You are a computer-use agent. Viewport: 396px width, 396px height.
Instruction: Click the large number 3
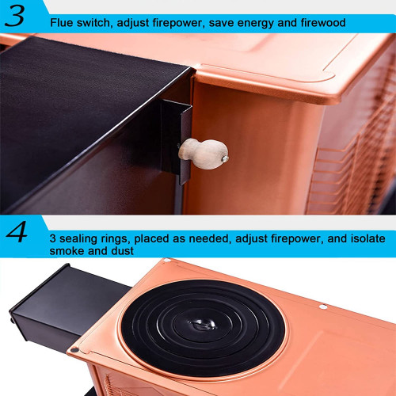click(14, 16)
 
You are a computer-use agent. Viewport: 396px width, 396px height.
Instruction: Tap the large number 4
click(17, 232)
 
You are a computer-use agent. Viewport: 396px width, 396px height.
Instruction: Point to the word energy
click(256, 24)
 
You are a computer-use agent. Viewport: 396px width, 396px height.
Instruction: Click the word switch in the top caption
click(93, 23)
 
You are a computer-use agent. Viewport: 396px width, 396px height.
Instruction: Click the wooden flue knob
click(203, 154)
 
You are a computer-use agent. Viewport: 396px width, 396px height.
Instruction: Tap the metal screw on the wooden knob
click(225, 158)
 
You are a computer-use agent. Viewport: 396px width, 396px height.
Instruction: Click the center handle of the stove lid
click(202, 324)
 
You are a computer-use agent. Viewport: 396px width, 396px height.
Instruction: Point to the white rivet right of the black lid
click(323, 307)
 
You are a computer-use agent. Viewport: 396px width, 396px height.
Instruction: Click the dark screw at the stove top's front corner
click(74, 350)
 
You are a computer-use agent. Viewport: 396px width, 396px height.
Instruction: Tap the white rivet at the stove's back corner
click(167, 261)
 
